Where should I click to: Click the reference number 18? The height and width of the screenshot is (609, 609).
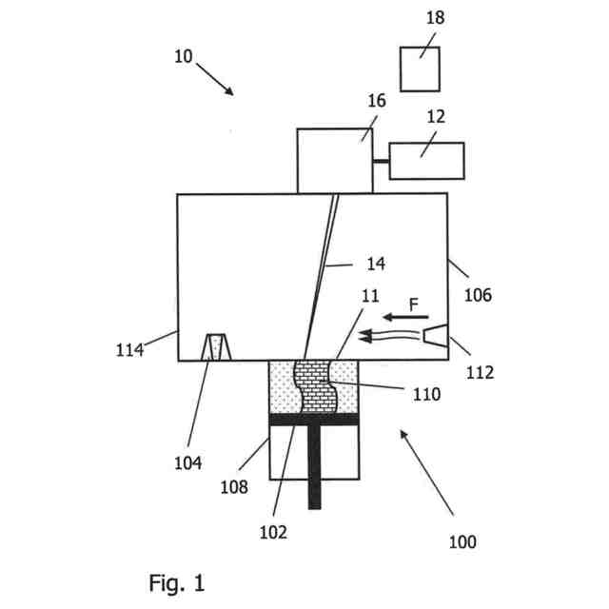coord(435,18)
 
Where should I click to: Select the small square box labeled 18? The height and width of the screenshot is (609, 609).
coord(420,69)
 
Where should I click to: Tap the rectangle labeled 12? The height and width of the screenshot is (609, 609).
coord(426,160)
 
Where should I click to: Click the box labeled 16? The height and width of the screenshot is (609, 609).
coord(335,161)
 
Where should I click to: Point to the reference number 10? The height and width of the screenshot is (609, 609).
coord(184,56)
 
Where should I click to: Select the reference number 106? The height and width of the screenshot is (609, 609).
coord(478,295)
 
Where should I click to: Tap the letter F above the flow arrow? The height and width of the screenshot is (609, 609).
coord(413,304)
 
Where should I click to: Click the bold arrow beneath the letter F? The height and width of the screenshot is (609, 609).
coord(404,317)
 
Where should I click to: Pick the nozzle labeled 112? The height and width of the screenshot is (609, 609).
coord(436,335)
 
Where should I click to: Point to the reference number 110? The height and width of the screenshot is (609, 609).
coord(427,393)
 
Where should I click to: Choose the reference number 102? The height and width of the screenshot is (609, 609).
coord(274,532)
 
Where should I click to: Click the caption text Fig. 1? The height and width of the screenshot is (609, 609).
coord(177,581)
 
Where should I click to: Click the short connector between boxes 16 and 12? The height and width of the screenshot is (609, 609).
coord(382,161)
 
